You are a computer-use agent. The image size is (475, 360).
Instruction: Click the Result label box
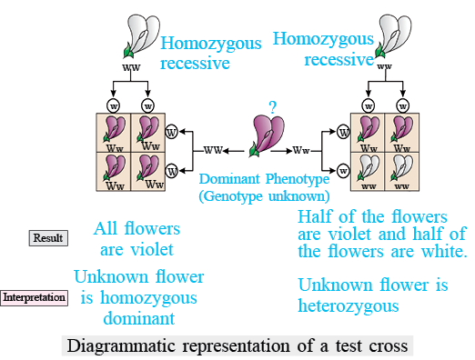48,238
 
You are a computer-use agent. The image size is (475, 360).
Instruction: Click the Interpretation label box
34,297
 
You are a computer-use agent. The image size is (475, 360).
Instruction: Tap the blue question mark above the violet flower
273,107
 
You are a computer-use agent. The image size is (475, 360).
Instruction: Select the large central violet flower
267,135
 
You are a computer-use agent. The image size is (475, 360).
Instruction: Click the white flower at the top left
142,35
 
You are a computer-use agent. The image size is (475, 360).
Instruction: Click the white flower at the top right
393,35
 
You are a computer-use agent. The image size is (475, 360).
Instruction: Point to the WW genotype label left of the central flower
213,150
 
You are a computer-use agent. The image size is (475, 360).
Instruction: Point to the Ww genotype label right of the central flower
301,150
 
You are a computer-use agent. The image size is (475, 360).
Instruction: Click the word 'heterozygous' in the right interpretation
349,305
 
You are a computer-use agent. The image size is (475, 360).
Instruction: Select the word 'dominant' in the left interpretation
139,318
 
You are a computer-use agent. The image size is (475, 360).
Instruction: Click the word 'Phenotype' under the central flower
298,179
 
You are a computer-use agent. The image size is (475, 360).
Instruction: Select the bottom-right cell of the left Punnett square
148,172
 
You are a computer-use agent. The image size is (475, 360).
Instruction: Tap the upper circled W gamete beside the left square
172,132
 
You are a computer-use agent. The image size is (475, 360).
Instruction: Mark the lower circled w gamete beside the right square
343,171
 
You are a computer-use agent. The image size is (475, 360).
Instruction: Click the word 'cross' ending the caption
389,346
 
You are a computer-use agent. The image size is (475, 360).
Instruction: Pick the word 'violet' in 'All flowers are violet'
152,249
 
